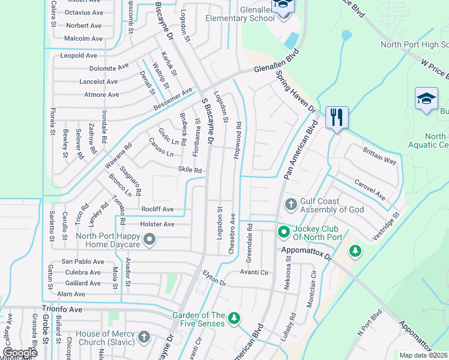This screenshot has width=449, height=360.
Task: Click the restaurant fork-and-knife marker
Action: click(337, 116)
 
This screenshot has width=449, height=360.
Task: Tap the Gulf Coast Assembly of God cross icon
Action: click(291, 205)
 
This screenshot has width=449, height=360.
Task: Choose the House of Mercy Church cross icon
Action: click(144, 337)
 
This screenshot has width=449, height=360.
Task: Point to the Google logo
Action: click(19, 352)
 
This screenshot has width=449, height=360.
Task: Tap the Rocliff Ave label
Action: click(157, 209)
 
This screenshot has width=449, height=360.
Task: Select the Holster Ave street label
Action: click(157, 224)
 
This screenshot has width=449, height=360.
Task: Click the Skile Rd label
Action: click(189, 170)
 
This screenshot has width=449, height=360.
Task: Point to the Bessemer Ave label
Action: click(172, 100)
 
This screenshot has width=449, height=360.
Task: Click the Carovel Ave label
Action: click(369, 188)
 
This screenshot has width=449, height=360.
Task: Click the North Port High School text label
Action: click(414, 44)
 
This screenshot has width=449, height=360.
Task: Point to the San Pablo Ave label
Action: click(83, 262)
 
